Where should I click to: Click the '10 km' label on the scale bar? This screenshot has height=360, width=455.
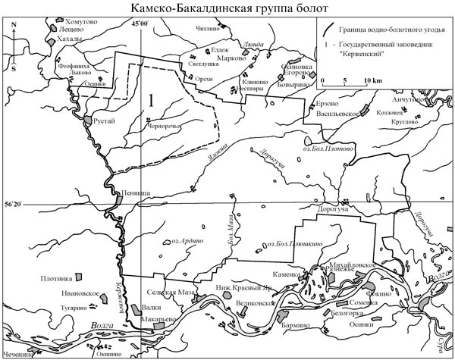pyautogui.click(x=372, y=80)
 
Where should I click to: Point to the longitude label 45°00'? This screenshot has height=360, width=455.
pyautogui.click(x=141, y=26)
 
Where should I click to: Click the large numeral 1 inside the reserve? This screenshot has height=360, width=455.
pyautogui.click(x=152, y=99)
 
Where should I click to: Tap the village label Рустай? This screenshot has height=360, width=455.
pyautogui.click(x=106, y=130)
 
